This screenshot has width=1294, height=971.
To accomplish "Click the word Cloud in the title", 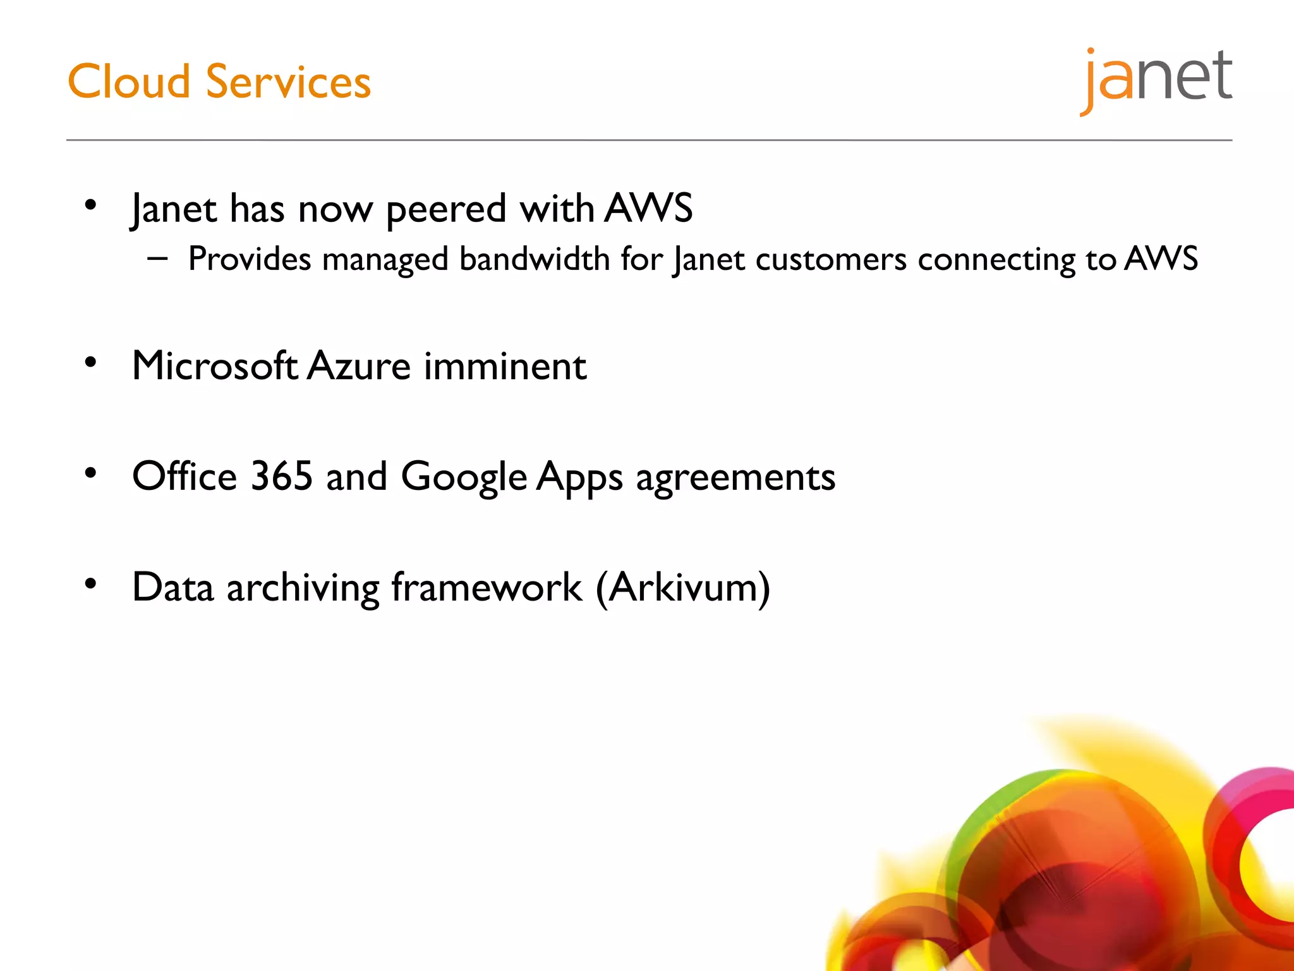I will (129, 82).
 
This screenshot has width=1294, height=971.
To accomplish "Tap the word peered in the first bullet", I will (446, 209).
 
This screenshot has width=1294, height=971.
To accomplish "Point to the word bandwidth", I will (534, 259).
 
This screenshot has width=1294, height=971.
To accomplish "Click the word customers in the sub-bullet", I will (831, 259).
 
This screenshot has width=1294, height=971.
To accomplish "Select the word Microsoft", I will (215, 366).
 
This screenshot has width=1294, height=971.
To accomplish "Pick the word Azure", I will (359, 366).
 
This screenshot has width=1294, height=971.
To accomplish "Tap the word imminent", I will (505, 366).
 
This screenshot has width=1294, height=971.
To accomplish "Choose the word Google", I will (464, 477).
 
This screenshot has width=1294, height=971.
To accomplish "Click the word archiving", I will (303, 588).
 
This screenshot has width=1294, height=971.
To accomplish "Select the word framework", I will (487, 587).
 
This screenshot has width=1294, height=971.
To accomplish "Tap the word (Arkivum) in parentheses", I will (682, 588).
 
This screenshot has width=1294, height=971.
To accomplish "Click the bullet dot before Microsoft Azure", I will (91, 362).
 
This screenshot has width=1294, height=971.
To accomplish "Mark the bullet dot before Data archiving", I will (91, 583).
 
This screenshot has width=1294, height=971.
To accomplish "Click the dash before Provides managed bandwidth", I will (157, 258).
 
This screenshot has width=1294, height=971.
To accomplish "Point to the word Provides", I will (250, 259).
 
